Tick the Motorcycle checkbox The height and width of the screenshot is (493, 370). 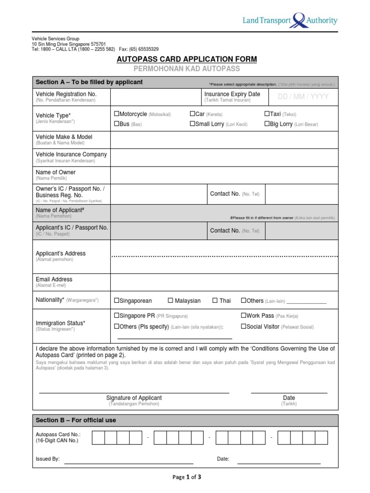click(x=116, y=114)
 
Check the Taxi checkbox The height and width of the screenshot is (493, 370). click(x=266, y=114)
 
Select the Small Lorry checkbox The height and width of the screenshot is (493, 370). click(x=192, y=124)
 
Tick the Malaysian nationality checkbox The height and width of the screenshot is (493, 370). click(x=170, y=301)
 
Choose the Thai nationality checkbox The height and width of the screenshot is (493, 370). click(x=215, y=301)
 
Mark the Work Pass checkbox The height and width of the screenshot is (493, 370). click(x=243, y=316)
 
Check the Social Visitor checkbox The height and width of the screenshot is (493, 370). click(x=243, y=326)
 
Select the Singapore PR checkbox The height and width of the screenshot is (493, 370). click(x=116, y=316)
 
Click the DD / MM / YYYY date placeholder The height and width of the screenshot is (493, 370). click(x=303, y=97)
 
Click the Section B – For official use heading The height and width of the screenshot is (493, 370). click(x=76, y=420)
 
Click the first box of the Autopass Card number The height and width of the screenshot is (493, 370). click(x=98, y=437)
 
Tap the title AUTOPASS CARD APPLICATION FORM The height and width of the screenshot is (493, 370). click(x=187, y=59)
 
